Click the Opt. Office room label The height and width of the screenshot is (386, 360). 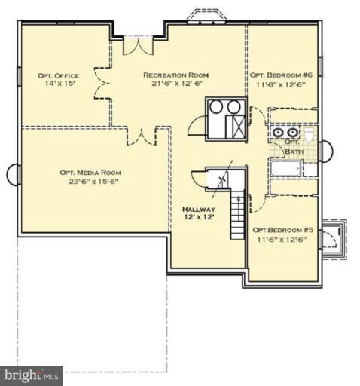[59, 75]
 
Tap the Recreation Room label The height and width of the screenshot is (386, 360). [175, 75]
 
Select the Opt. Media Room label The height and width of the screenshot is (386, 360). [90, 173]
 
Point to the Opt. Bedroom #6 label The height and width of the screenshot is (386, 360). [281, 75]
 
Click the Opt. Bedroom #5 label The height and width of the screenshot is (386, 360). [283, 230]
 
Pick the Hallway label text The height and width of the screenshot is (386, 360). [199, 209]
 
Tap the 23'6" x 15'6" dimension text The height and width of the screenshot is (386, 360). [93, 182]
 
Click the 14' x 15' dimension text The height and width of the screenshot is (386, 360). [59, 84]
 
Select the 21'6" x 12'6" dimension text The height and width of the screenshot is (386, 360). [177, 84]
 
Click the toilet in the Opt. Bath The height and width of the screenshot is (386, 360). [309, 135]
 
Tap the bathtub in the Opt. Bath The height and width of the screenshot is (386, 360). [286, 168]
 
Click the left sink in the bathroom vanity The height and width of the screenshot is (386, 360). [278, 132]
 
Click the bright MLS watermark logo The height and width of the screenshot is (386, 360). [31, 375]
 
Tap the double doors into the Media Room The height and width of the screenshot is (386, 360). [142, 136]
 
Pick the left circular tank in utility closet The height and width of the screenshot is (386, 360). [216, 106]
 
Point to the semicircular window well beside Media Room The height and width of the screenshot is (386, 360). [13, 174]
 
